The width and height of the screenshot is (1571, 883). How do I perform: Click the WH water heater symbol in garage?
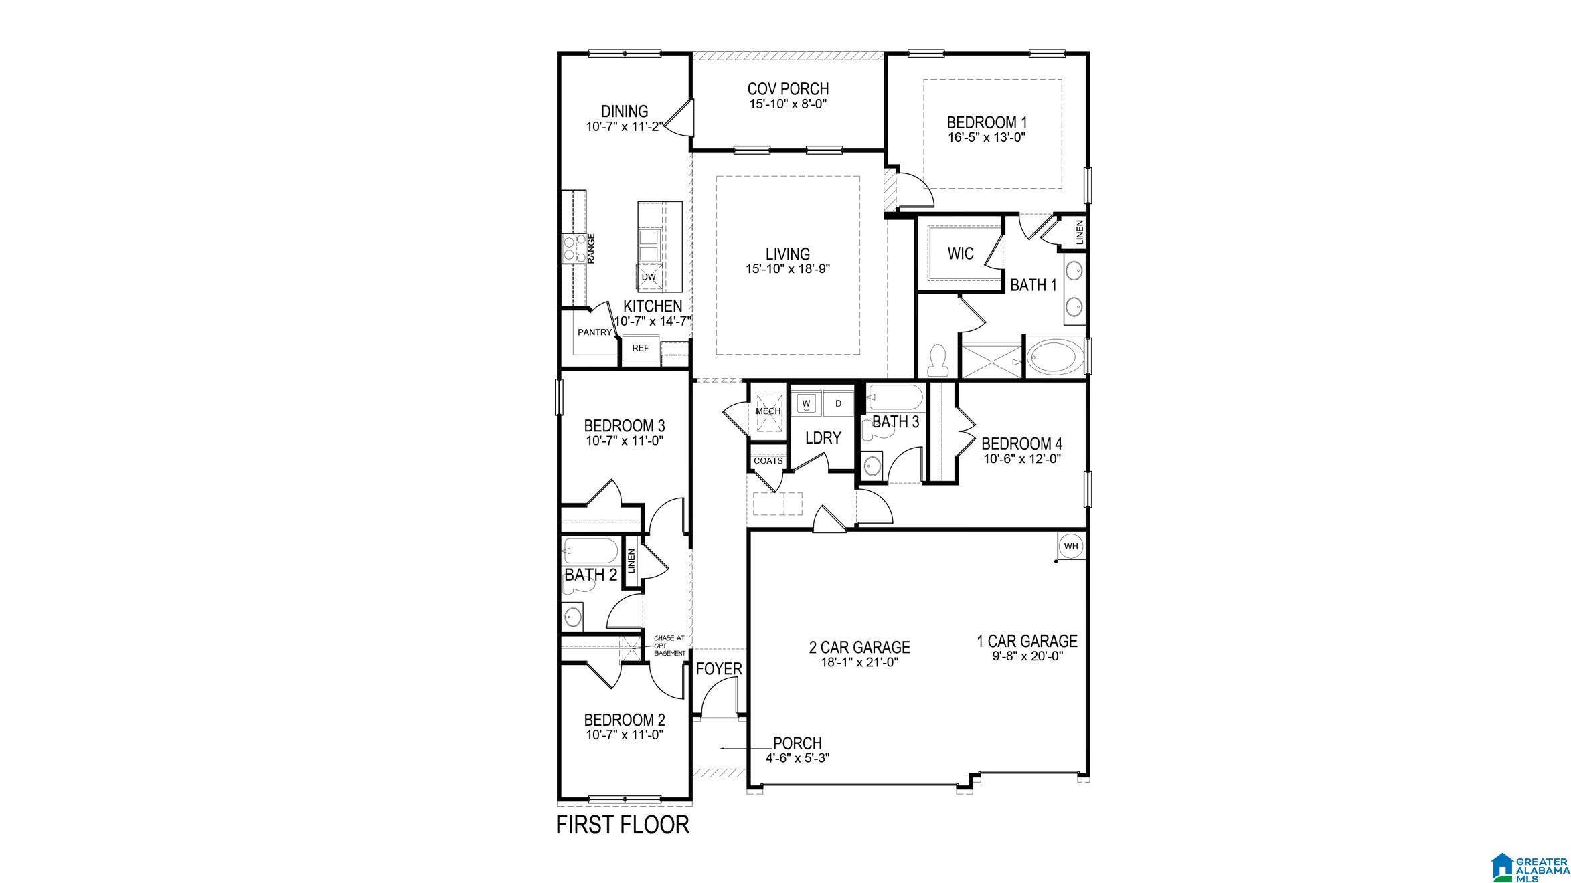[x=1071, y=546]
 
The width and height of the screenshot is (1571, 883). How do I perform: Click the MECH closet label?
[x=768, y=411]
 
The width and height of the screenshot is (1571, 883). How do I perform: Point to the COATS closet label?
[x=768, y=461]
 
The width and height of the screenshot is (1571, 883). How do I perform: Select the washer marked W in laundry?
[x=807, y=403]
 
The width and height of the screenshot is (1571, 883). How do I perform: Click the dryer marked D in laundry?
[x=838, y=403]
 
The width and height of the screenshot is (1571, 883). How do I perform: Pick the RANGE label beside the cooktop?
[x=123, y=248]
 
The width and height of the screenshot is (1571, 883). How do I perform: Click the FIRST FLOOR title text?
[x=623, y=825]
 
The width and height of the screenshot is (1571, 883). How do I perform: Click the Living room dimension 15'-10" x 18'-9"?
[x=788, y=268]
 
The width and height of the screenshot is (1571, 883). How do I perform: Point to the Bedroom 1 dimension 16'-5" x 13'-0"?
[x=987, y=137]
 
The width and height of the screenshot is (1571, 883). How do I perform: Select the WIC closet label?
[x=960, y=254]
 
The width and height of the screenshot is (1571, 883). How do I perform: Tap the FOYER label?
[x=719, y=669]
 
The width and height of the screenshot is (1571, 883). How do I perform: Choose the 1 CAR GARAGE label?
[x=1027, y=642]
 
